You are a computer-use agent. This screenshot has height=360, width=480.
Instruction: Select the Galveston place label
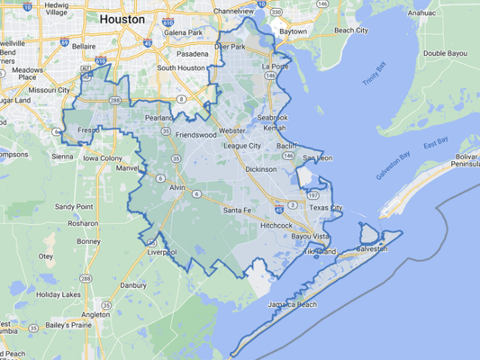pyautogui.click(x=372, y=248)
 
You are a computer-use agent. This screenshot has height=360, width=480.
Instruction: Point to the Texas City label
pyautogui.click(x=325, y=208)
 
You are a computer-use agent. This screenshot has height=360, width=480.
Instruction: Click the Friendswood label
pyautogui.click(x=196, y=135)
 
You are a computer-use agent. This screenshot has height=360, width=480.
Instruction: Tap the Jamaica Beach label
pyautogui.click(x=292, y=305)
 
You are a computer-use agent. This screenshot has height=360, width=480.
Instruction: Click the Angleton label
pyautogui.click(x=95, y=315)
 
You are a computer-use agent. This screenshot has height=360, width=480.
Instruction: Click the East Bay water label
pyautogui.click(x=436, y=143)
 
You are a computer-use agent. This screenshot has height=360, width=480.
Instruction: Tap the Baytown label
pyautogui.click(x=293, y=31)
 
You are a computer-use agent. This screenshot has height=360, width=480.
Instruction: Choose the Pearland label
pyautogui.click(x=158, y=118)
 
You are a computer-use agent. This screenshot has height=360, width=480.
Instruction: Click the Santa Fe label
pyautogui.click(x=237, y=210)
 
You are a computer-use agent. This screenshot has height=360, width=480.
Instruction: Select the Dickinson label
pyautogui.click(x=261, y=168)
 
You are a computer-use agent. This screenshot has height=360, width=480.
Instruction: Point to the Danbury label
pyautogui.click(x=132, y=285)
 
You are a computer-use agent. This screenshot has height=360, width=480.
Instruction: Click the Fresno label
pyautogui.click(x=89, y=130)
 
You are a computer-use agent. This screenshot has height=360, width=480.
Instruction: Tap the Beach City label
pyautogui.click(x=350, y=31)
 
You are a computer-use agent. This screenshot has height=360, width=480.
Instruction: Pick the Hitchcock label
pyautogui.click(x=276, y=225)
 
